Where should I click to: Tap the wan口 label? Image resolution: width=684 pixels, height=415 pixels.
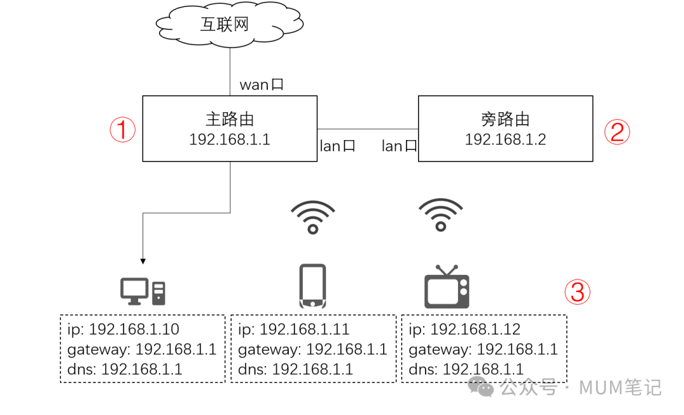coord(261,84)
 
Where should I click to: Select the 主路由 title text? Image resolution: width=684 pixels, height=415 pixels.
coord(230,119)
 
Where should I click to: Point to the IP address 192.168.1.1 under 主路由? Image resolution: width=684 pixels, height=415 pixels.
coord(230,139)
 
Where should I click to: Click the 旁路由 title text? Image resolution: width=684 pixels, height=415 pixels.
coord(505,119)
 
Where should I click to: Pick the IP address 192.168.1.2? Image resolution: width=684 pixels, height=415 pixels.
coord(505,139)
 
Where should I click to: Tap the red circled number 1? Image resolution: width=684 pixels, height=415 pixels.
coord(123,130)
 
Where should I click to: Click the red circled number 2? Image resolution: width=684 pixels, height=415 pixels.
coord(617,131)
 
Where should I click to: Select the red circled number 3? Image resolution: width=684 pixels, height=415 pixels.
coord(578,292)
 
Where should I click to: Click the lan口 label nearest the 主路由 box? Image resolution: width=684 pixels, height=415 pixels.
coord(338,146)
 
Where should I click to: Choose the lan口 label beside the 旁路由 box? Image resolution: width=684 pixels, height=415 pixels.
coord(399,146)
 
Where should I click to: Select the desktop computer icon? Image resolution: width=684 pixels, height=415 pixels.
coord(142,291)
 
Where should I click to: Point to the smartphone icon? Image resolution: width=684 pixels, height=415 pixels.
coord(312,286)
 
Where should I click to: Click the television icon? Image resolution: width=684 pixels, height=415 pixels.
coord(446,288)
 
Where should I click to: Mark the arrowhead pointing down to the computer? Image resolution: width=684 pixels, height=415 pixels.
coord(143,260)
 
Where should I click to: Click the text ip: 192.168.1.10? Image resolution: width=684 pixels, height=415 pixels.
coord(123,329)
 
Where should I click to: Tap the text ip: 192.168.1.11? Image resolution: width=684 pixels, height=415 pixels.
coord(294,329)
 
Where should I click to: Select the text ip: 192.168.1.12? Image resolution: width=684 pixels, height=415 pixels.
coord(464,329)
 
